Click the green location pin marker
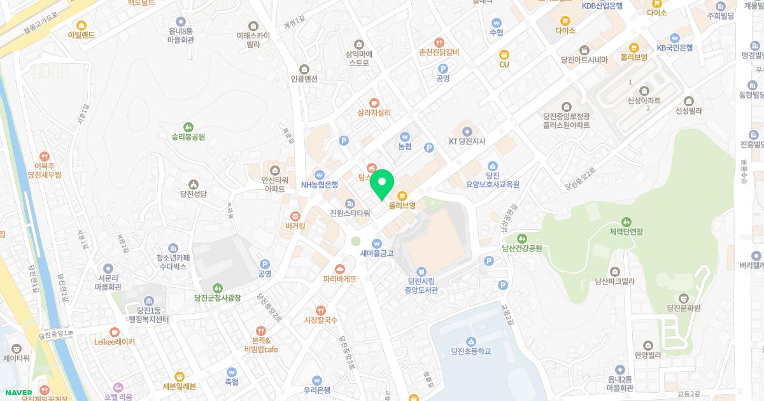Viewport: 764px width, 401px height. click(x=381, y=183)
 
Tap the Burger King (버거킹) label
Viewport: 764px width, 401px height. click(x=295, y=226)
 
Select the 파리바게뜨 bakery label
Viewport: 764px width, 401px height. click(x=339, y=278)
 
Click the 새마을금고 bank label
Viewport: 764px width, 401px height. click(x=377, y=253)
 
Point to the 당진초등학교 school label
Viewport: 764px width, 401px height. click(x=470, y=351)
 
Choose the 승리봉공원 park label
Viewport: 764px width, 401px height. click(x=188, y=136)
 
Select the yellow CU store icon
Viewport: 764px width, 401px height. click(x=504, y=55)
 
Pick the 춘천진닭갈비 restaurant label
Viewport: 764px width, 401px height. click(x=439, y=52)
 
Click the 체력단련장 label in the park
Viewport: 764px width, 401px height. click(x=627, y=230)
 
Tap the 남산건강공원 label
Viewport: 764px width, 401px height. click(x=521, y=248)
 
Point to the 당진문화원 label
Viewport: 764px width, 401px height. click(x=683, y=307)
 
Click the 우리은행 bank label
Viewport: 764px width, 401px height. click(x=316, y=390)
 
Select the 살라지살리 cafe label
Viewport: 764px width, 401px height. click(x=374, y=112)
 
